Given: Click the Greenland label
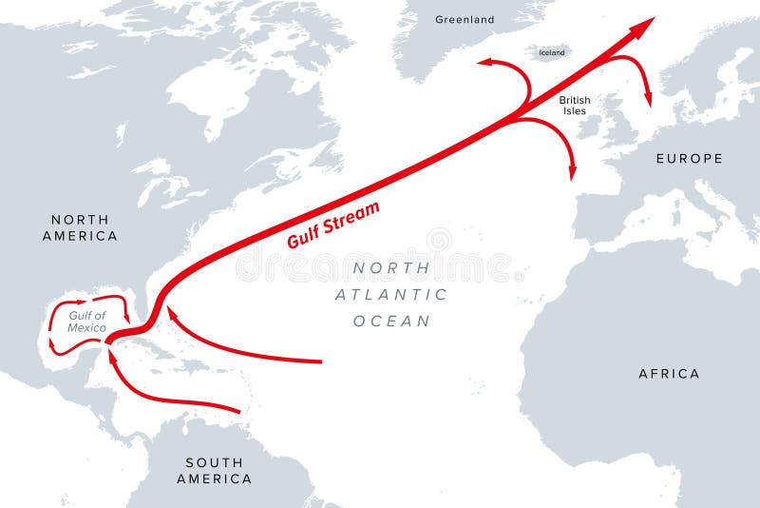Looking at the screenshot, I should tap(465, 19).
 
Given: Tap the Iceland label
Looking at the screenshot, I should tap(552, 53).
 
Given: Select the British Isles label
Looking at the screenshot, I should tap(574, 105).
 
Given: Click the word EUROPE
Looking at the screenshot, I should tap(689, 159).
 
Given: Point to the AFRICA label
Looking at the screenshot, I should tap(669, 374).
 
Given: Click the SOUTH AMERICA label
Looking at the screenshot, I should tap(214, 471).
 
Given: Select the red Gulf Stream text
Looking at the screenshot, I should tap(333, 225).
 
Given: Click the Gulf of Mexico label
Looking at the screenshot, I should tap(86, 322).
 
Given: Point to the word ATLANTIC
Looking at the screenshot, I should tap(390, 294).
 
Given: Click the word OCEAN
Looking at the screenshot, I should tap(391, 321).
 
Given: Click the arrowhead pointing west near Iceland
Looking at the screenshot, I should tap(484, 63).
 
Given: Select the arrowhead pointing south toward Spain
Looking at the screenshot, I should tap(573, 172).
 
